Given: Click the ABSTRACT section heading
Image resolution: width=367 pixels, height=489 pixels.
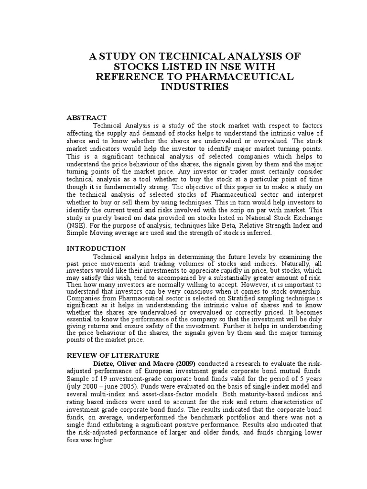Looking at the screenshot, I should [86, 118].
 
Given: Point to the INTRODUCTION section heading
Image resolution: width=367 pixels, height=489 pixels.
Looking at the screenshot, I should [96, 249].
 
